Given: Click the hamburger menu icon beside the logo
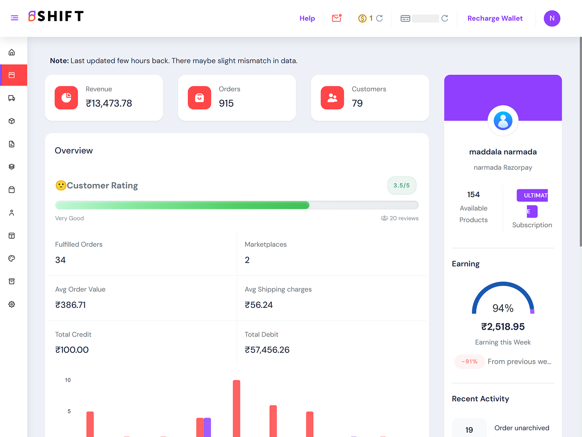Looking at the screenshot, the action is (15, 18).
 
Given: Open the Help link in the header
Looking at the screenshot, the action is (307, 18).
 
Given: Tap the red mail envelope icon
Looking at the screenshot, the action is (337, 18).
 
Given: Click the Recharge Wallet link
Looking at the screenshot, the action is (495, 18).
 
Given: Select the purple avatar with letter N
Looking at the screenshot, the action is (552, 18).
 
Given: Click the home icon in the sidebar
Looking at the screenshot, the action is (12, 52).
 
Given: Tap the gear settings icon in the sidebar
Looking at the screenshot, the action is (12, 304).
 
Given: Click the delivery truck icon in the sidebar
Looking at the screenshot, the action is (12, 98).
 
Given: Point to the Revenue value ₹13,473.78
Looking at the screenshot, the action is (109, 103).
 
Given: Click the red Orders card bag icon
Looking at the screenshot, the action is (199, 98).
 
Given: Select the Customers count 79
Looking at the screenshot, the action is (357, 103).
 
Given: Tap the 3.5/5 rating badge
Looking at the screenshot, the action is (402, 185).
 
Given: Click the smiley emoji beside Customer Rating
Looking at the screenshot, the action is (61, 185).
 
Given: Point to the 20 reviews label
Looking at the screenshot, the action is (400, 218).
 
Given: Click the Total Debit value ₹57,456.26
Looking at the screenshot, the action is (267, 350).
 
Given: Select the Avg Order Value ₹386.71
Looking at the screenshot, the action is (70, 305).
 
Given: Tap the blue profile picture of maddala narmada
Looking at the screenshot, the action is (503, 121).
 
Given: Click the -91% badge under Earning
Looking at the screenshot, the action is (469, 361).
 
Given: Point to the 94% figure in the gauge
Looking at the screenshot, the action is (503, 308).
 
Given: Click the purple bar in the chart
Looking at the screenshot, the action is (208, 427).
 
